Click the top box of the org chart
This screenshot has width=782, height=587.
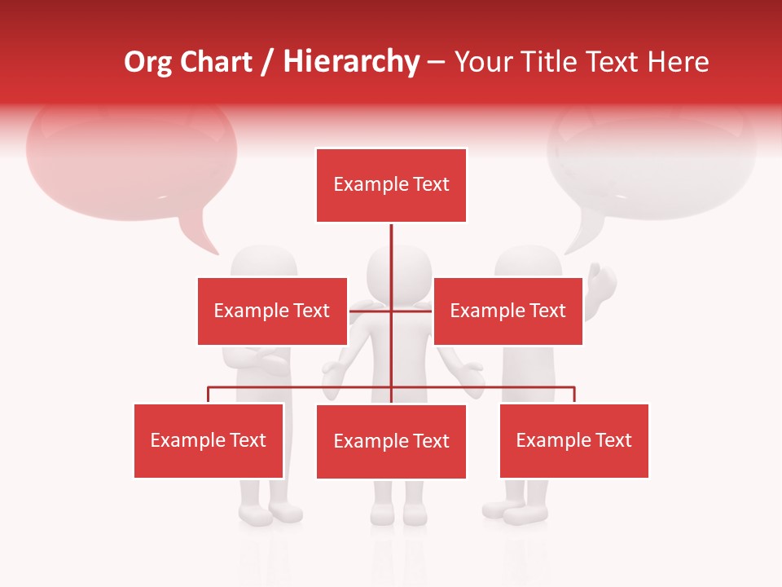[x=391, y=185]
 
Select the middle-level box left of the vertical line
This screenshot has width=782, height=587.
[x=272, y=311]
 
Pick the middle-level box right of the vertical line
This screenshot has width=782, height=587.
[x=507, y=311]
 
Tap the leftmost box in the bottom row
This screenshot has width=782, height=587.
[x=209, y=440]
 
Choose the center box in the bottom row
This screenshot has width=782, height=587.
[x=391, y=441]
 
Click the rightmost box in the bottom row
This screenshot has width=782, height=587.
[x=573, y=440]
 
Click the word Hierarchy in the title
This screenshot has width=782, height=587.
[x=351, y=62]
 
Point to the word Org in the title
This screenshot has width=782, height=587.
[x=148, y=62]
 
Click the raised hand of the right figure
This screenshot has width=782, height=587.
[x=603, y=281]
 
